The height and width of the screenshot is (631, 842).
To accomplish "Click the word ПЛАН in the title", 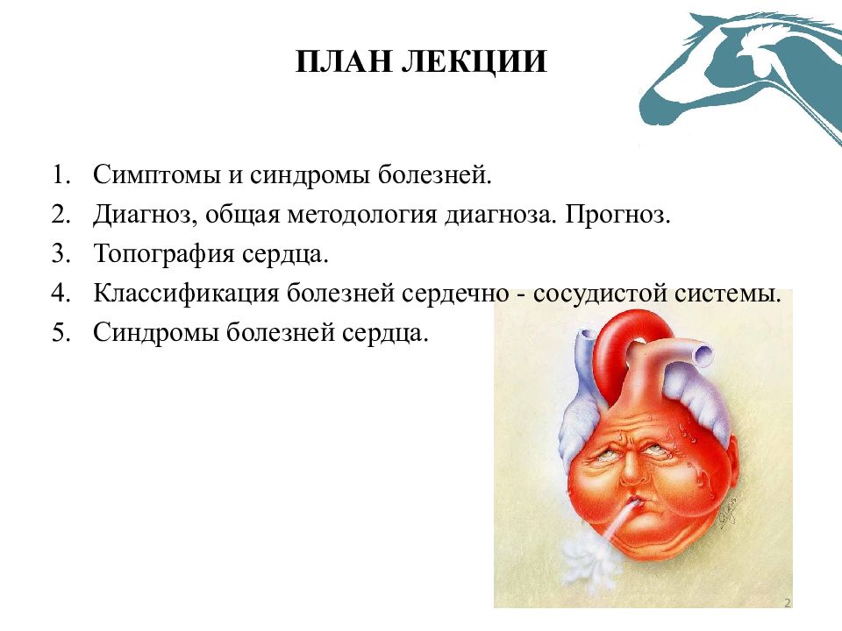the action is (x=344, y=61).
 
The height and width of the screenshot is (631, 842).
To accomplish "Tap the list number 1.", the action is (x=61, y=174).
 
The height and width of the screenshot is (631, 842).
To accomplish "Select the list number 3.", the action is (x=61, y=253).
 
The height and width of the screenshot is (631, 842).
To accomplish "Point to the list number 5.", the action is (x=61, y=332).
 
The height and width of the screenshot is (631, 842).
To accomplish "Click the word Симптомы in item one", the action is (x=157, y=175).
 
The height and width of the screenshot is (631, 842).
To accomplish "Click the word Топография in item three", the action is (x=164, y=254).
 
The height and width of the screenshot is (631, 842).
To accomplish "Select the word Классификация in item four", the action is (x=186, y=294).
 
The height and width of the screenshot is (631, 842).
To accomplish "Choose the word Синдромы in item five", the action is (x=156, y=333).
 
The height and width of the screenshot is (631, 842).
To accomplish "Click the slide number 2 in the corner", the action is (x=788, y=603).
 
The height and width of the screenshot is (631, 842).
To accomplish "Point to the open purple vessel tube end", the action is (x=703, y=355).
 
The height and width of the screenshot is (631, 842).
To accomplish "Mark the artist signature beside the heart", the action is (x=728, y=511).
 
